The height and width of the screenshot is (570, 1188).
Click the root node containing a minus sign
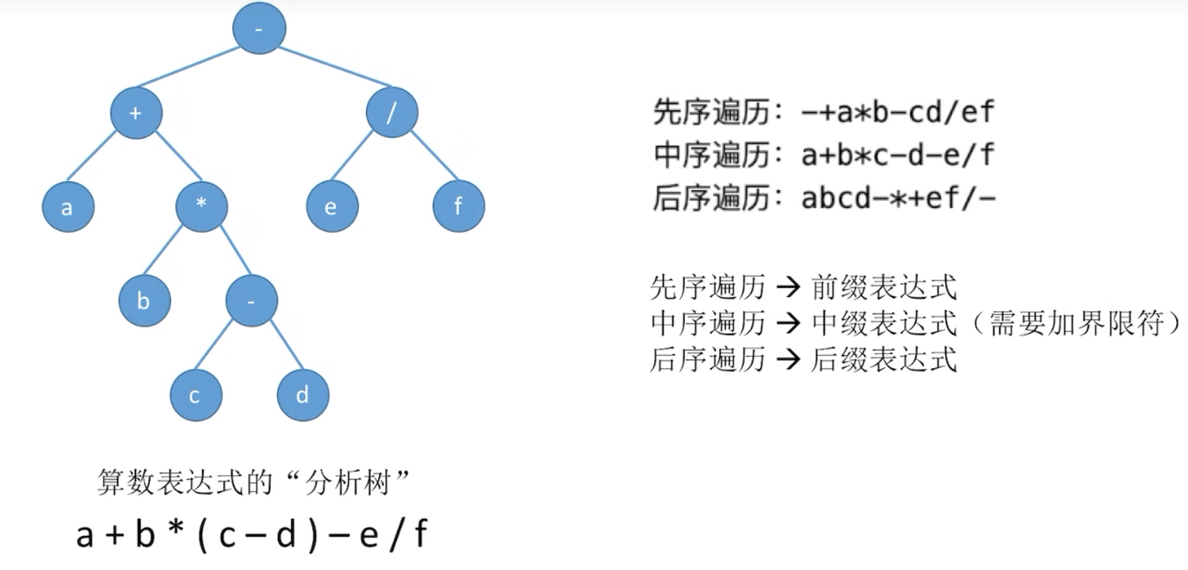pos(259,28)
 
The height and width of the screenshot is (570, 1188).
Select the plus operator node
pos(136,113)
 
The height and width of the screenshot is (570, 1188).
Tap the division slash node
pos(392,112)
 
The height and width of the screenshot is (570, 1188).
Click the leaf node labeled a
pos(68,206)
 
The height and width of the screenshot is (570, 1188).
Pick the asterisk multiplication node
pos(201,206)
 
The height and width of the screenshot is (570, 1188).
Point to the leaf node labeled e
pos(332,206)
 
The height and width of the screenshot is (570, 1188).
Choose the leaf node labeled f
pos(458,206)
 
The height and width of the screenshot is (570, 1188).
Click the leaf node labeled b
pos(144,301)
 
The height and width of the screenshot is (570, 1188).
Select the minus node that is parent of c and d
pos(252,301)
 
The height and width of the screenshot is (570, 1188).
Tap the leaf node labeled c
pos(195,395)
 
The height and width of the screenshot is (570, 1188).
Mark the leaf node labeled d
pos(303,395)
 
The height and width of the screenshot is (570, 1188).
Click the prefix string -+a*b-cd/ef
pos(897,112)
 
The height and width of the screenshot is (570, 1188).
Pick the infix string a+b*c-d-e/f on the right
pos(897,155)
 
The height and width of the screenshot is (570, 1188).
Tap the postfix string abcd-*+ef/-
pos(898,198)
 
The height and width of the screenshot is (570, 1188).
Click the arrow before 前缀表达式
pos(788,286)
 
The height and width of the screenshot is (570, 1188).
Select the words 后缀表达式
pos(883,359)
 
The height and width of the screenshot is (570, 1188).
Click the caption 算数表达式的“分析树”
pos(253,483)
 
